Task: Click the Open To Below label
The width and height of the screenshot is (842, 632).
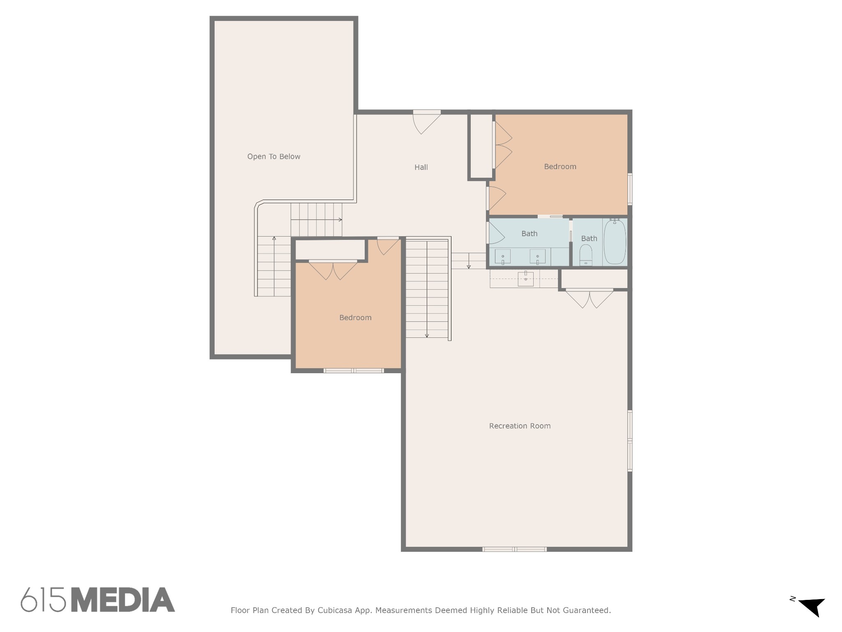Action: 273,156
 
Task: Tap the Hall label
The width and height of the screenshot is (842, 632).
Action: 421,167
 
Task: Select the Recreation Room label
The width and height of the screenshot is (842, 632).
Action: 520,426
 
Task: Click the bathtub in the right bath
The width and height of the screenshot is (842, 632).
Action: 615,242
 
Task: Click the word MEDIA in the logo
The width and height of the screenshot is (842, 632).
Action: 123,599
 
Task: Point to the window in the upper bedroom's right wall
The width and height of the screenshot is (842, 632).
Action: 630,189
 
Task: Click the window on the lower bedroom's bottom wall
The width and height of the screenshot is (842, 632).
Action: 354,371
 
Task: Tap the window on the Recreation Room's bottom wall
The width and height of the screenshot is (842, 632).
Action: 514,549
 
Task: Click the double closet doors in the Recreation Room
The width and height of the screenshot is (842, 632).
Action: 590,299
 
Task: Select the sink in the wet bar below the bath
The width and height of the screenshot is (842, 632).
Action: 525,279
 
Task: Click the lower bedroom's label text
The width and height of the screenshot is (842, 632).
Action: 355,318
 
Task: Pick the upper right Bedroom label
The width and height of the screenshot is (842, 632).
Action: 560,167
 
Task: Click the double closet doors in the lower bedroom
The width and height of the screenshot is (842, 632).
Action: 333,270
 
